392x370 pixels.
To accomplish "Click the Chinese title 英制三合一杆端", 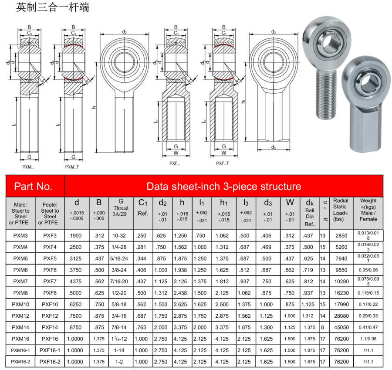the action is tap(53, 7).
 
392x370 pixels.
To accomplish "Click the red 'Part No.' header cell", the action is tap(35, 186).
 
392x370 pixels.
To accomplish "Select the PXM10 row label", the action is tap(20, 305).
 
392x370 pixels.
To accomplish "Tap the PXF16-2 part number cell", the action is tap(50, 362).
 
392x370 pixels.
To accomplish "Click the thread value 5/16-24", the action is tap(119, 259).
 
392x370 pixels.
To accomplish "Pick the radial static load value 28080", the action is tap(341, 316).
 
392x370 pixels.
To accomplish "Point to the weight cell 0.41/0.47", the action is tap(368, 327).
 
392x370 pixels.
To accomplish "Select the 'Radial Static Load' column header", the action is tap(341, 210).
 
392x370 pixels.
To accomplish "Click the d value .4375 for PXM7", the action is tap(75, 282).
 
